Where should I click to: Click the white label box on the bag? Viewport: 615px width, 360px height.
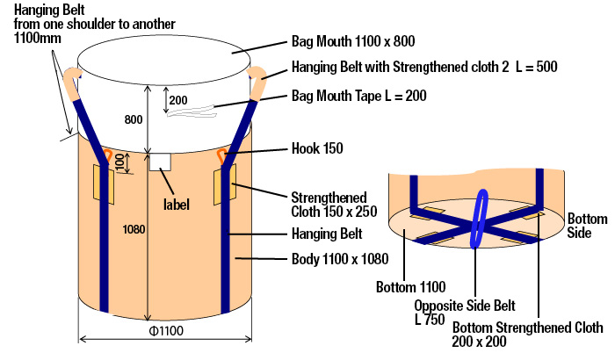click(x=160, y=162)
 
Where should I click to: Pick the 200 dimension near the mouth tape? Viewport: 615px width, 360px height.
click(x=178, y=100)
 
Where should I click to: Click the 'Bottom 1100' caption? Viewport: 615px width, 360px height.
click(x=411, y=286)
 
